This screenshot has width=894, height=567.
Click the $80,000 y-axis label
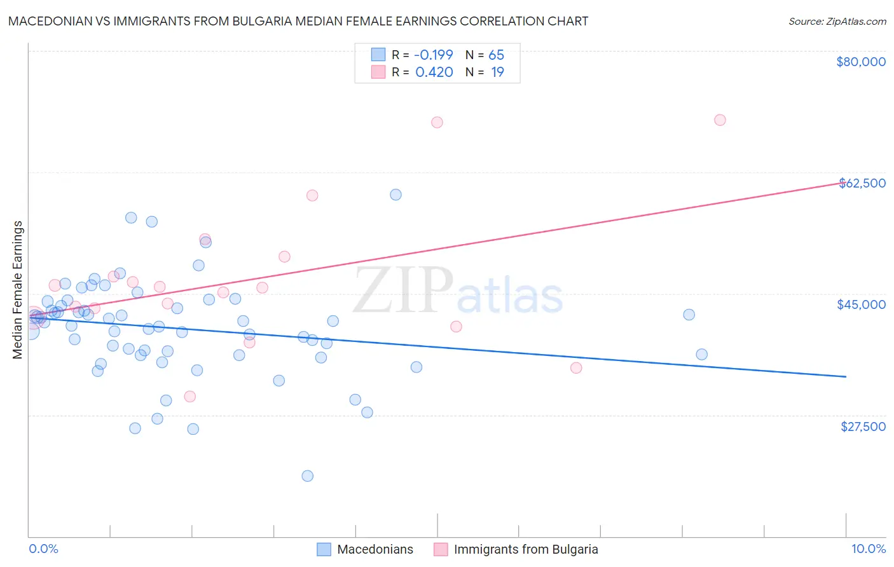[861, 62]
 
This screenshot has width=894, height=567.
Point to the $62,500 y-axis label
[862, 183]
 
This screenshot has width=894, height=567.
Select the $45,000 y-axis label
[861, 304]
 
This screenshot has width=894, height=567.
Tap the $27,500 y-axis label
[863, 427]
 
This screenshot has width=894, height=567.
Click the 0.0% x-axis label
[43, 549]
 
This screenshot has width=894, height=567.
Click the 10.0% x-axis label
[868, 549]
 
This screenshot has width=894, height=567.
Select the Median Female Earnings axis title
[18, 290]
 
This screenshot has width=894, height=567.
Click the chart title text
[298, 21]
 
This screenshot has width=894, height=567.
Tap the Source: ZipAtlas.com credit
[837, 22]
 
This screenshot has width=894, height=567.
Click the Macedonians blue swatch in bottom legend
[324, 549]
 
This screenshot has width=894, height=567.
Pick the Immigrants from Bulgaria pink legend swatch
[441, 549]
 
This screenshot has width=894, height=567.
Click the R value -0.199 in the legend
[434, 55]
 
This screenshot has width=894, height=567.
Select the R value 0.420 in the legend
[434, 72]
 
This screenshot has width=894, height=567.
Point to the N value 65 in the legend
[496, 55]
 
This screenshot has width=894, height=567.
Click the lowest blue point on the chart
[308, 476]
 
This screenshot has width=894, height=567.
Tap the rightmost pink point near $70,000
[720, 120]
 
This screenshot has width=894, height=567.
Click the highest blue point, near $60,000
[395, 195]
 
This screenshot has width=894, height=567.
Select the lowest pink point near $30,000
[189, 397]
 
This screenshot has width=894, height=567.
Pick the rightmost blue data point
[701, 355]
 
